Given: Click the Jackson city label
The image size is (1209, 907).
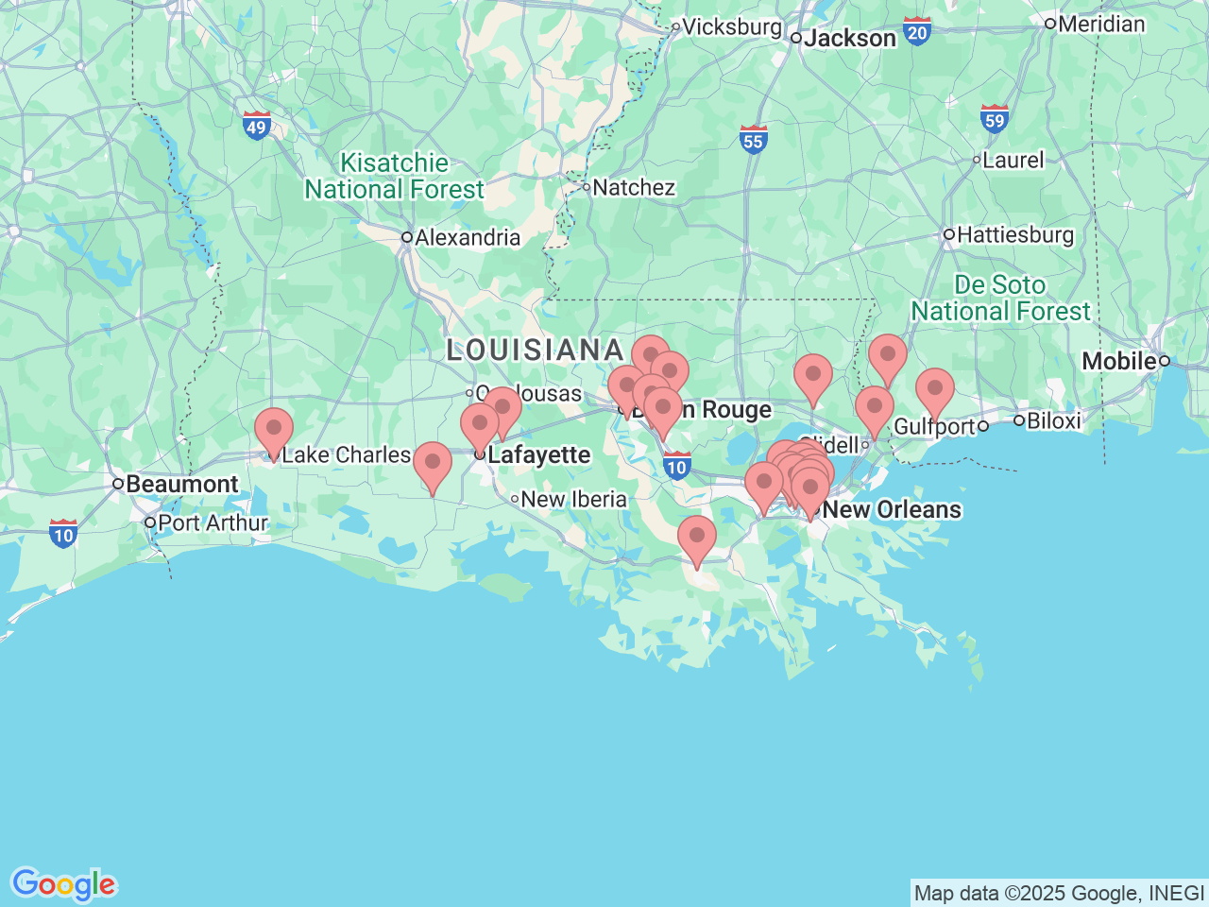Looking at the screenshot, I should click(849, 39).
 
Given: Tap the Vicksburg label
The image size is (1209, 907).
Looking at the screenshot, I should click(731, 27).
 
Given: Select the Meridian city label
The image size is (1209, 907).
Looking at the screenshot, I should click(1101, 25).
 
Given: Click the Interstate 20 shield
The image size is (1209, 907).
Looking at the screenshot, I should click(916, 31).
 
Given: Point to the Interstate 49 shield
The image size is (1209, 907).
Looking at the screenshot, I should click(256, 126).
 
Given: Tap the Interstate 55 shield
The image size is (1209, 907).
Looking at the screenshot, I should click(753, 140).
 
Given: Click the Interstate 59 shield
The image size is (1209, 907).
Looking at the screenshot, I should click(994, 119).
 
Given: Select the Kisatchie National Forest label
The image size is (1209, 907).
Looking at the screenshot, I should click(394, 177).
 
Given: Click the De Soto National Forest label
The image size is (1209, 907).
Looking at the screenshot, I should click(1000, 298).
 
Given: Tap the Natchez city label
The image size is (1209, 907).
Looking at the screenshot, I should click(633, 188).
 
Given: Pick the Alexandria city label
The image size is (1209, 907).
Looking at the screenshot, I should click(467, 238).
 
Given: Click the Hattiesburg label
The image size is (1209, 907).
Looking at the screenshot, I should click(1015, 235).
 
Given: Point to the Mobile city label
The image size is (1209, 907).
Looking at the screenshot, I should click(1119, 361).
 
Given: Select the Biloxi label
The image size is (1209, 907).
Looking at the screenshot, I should click(1053, 420).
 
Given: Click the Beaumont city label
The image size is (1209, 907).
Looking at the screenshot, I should click(181, 485).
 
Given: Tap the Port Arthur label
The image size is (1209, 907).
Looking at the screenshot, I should click(213, 523).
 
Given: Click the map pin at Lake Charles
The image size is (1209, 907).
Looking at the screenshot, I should click(274, 431).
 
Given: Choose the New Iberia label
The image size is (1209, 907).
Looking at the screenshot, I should click(573, 500).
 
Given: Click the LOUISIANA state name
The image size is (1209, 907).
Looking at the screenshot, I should click(535, 351).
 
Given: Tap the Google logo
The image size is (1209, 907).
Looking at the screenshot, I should click(63, 885).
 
